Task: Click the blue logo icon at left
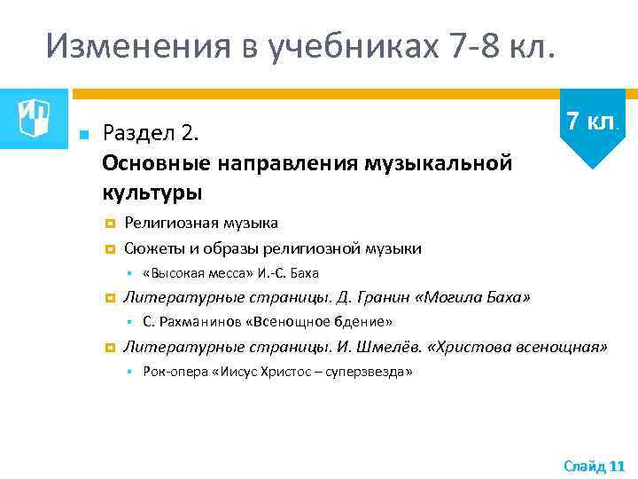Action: [34, 113]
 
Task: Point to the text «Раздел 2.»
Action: [153, 134]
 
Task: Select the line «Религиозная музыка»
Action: [201, 223]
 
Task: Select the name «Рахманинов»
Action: [197, 322]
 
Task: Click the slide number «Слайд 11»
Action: [594, 465]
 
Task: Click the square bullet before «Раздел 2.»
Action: [82, 135]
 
